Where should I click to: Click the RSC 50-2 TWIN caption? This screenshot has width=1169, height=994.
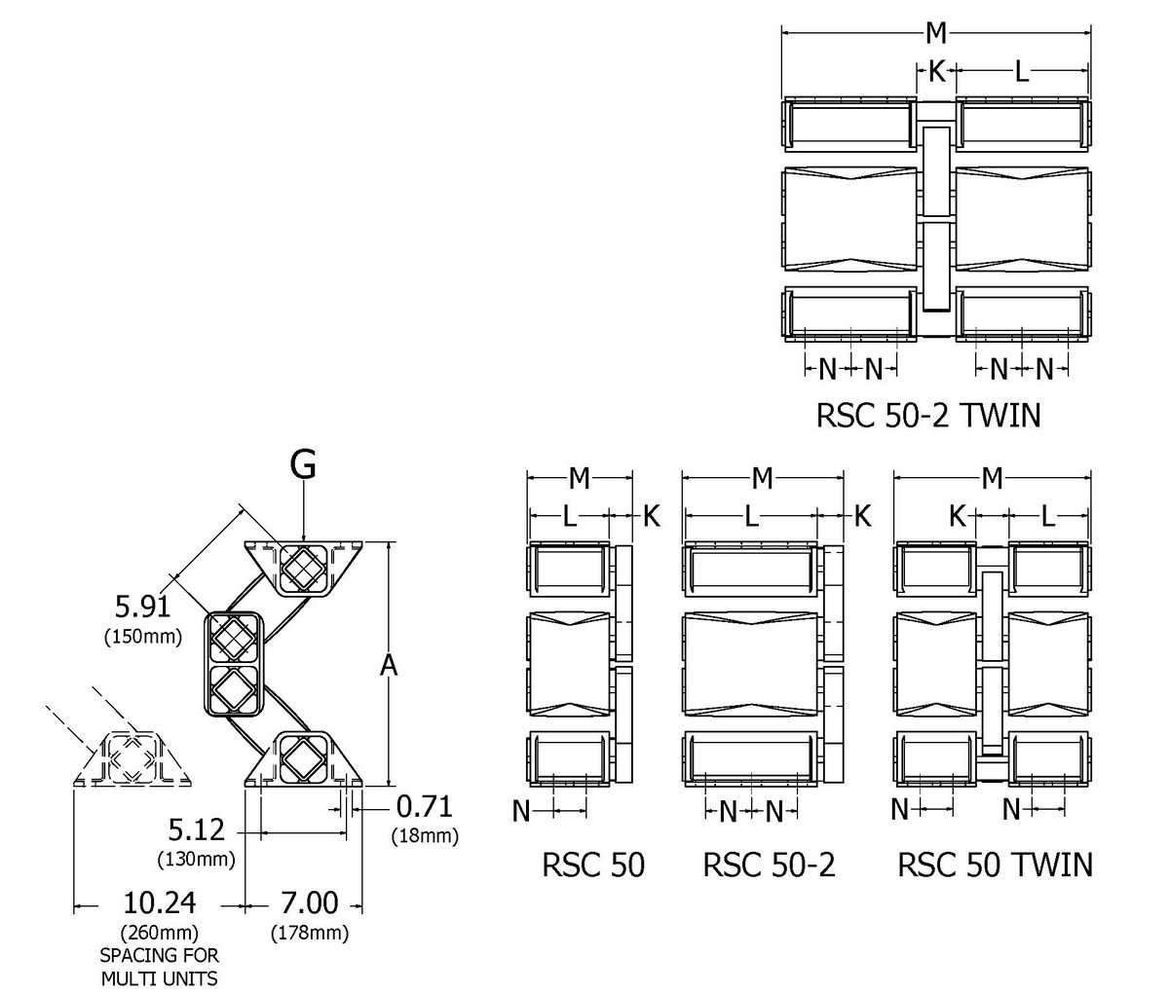tap(927, 416)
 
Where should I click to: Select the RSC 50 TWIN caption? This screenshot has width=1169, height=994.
tap(995, 865)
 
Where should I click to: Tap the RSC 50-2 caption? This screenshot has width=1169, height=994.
tap(769, 865)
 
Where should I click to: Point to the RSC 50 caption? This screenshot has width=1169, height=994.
tap(592, 865)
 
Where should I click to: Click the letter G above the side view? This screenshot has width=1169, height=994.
tap(303, 465)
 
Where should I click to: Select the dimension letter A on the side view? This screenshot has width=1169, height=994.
tap(389, 665)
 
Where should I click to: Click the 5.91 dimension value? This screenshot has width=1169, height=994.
tap(142, 607)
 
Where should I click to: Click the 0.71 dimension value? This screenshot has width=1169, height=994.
tap(424, 807)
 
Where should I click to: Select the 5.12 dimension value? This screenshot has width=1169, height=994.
tap(196, 830)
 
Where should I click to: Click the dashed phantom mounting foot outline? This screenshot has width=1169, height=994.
tap(131, 757)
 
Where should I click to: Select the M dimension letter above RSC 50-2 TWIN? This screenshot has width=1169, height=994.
tap(935, 33)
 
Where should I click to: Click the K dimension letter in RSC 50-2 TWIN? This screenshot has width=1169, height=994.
tap(935, 70)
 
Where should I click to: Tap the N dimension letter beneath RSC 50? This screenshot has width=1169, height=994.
tap(521, 810)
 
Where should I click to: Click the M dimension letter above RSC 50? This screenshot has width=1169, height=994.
tap(579, 478)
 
